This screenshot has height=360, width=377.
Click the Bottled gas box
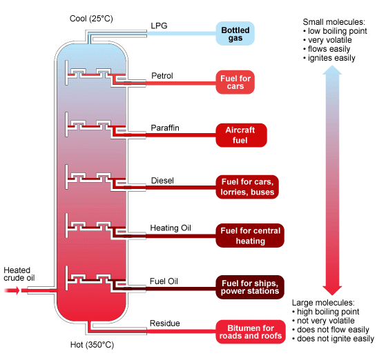click(235, 34)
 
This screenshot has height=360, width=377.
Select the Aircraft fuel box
click(241, 135)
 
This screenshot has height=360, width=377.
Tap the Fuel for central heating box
click(250, 236)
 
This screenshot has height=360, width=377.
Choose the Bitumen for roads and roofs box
click(251, 332)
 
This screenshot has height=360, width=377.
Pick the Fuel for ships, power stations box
click(250, 287)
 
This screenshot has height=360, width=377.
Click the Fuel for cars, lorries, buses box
click(247, 187)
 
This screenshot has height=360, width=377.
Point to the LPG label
click(159, 26)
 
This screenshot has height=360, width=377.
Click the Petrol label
click(162, 76)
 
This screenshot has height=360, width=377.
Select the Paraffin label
click(165, 128)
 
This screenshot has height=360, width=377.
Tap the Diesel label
click(162, 181)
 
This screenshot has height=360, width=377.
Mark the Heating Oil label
click(171, 228)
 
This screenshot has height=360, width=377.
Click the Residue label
click(165, 323)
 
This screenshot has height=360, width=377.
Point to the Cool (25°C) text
click(91, 19)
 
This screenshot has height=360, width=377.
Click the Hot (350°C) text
click(92, 345)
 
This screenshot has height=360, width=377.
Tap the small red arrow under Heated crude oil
click(12, 290)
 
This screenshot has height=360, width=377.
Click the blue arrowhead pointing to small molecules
click(332, 70)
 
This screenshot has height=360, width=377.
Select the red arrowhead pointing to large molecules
click(332, 290)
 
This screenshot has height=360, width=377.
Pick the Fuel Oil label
click(164, 281)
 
